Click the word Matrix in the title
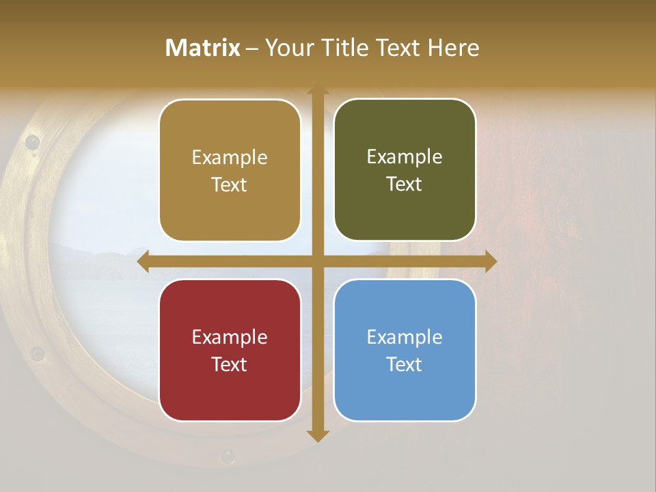[x=203, y=48]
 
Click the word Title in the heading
[x=350, y=48]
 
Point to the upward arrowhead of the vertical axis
[x=318, y=92]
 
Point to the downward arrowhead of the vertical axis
[x=318, y=435]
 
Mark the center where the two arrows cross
[x=318, y=261]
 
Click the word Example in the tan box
[x=230, y=158]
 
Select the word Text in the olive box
[x=405, y=184]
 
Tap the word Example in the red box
[x=230, y=337]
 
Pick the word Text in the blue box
[x=405, y=364]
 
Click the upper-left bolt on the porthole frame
[x=31, y=142]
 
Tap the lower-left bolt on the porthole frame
[x=38, y=354]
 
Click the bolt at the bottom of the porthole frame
[x=227, y=456]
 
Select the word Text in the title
[x=400, y=48]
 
